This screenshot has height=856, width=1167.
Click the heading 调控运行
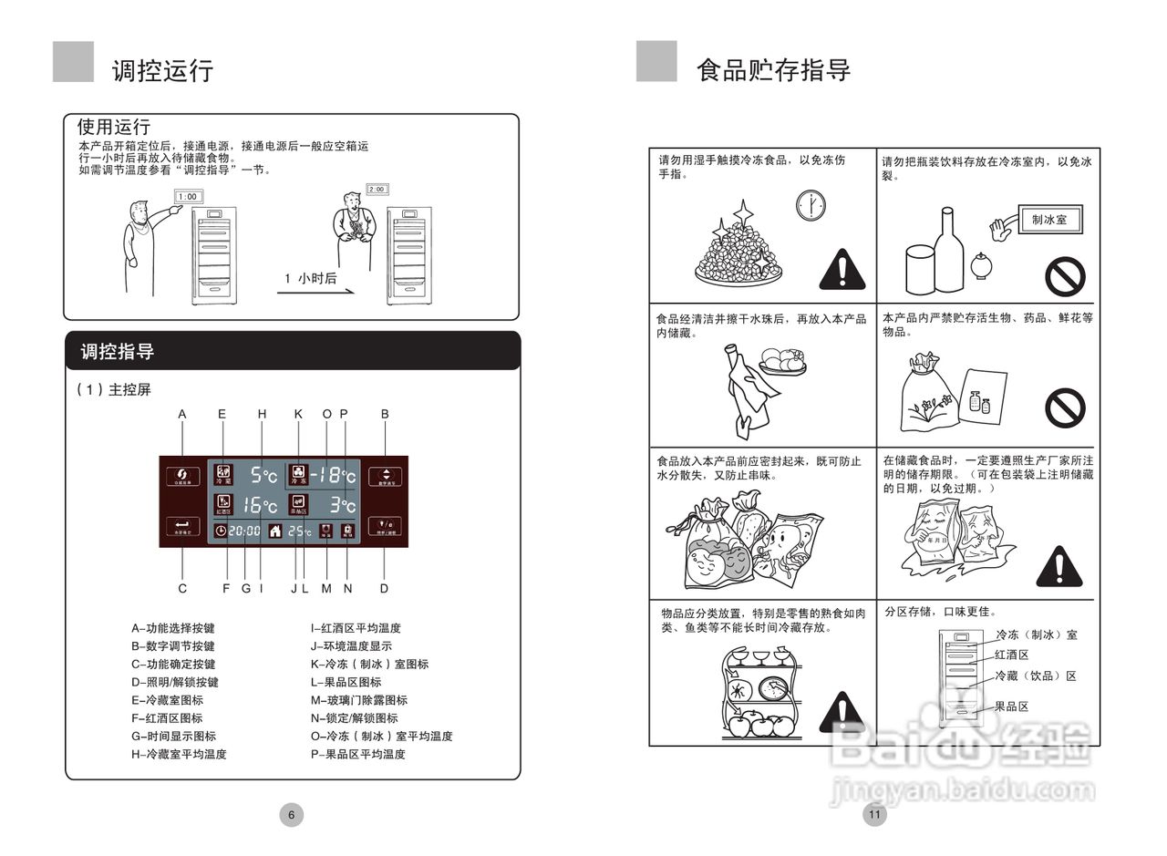click(162, 71)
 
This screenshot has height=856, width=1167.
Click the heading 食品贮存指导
click(773, 70)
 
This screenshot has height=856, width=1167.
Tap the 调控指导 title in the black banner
click(118, 352)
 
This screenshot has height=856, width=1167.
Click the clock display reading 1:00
click(189, 196)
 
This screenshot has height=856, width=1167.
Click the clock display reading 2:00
click(377, 189)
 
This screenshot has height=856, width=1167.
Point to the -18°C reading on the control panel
click(333, 475)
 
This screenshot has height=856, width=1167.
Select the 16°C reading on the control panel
click(260, 505)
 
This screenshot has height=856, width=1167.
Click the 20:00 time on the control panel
click(243, 531)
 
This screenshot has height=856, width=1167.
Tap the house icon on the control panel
click(275, 531)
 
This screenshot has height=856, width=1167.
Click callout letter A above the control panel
click(182, 414)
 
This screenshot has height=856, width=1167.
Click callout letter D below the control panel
click(384, 588)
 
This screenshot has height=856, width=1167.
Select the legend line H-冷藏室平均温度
click(179, 754)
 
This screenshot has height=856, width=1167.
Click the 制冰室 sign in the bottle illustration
click(1048, 220)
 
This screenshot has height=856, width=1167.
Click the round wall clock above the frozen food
click(809, 204)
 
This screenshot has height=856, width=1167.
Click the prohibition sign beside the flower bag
click(1065, 407)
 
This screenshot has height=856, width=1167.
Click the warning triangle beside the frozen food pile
click(842, 269)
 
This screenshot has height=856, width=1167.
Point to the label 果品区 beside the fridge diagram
click(1011, 706)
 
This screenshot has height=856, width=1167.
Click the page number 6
click(291, 815)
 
